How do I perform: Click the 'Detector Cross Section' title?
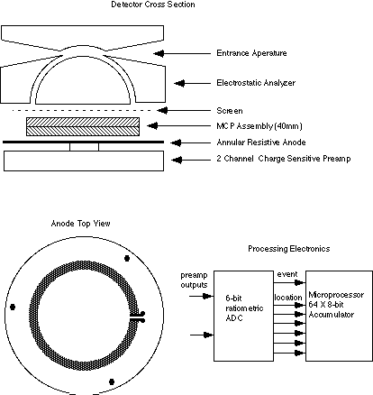(x=153, y=5)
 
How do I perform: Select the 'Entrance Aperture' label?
(x=251, y=53)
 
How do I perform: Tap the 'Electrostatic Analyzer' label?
(x=256, y=83)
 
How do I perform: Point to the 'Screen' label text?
(x=230, y=111)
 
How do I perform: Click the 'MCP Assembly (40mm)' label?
(x=259, y=126)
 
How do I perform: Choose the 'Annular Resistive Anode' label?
(x=261, y=142)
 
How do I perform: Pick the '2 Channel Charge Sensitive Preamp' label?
(x=284, y=159)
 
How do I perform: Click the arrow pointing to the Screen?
(x=185, y=111)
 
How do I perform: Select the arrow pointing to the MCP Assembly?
(x=179, y=125)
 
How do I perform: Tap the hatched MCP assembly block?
(x=83, y=126)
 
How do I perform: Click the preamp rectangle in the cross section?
(x=84, y=161)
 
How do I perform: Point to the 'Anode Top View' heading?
(x=81, y=224)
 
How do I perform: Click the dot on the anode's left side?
(x=13, y=307)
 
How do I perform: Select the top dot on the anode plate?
(x=127, y=258)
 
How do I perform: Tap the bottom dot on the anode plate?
(x=112, y=381)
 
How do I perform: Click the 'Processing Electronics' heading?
(x=289, y=249)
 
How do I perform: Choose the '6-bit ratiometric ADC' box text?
(x=244, y=308)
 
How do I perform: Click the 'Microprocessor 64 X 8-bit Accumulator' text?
(x=336, y=305)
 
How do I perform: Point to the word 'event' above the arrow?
(x=287, y=274)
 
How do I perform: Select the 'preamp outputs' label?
(x=194, y=280)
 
